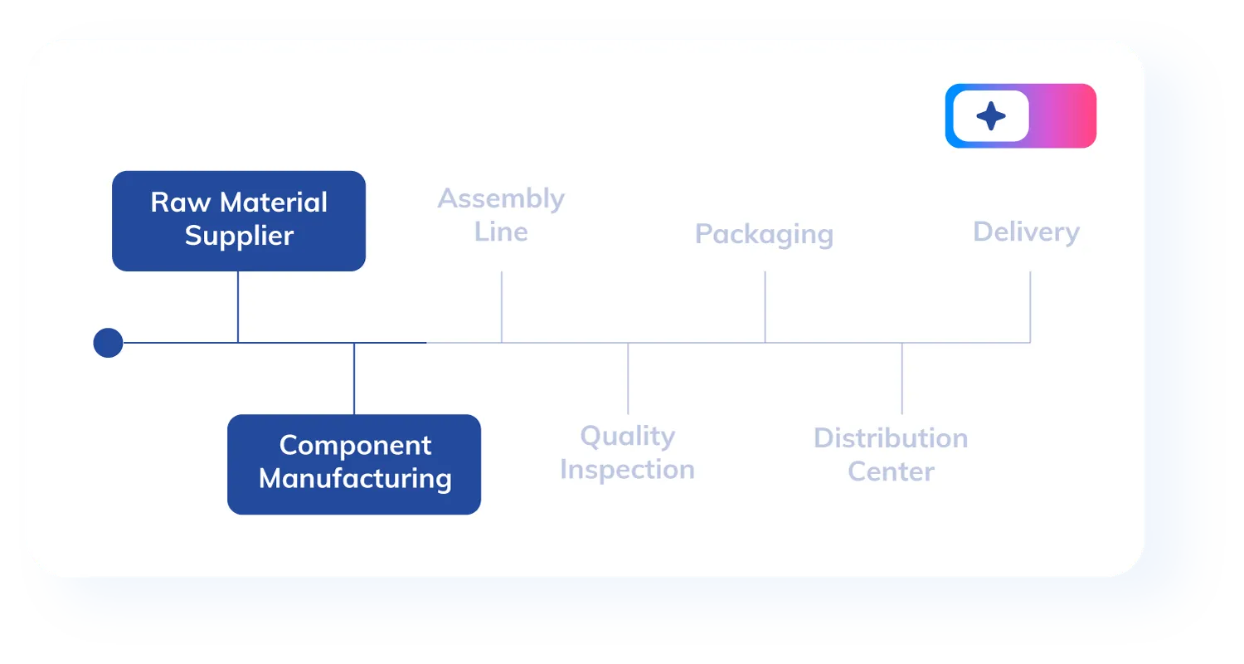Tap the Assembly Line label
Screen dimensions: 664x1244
coord(501,215)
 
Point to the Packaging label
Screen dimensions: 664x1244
coord(764,234)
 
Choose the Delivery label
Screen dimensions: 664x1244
coord(1026,232)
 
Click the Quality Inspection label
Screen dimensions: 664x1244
coord(627,452)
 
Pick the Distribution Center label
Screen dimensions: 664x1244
coord(891,454)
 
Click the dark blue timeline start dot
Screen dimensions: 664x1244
coord(108,343)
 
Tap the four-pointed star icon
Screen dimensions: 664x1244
coord(991,116)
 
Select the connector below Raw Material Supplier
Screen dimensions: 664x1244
coord(238,306)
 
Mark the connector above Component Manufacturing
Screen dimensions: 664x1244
coord(354,378)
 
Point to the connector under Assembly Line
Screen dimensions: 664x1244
coord(502,306)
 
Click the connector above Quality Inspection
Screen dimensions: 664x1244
coord(628,378)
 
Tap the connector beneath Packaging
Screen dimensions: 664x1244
coord(765,306)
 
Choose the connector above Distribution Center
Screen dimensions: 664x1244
coord(902,378)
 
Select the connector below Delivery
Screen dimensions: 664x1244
coord(1030,306)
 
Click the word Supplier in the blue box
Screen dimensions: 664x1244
coord(239,236)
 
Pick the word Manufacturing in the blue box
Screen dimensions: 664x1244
coord(355,479)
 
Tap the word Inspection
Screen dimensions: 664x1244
coord(627,470)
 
